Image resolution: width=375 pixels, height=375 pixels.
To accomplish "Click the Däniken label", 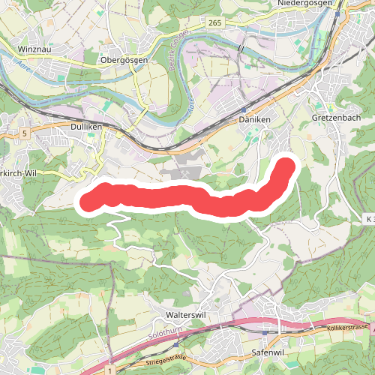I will [253, 120].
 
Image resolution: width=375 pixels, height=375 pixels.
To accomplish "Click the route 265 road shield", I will [214, 24].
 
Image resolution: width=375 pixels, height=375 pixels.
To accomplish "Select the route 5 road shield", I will [25, 133].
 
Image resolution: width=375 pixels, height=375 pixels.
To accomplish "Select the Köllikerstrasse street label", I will [347, 328].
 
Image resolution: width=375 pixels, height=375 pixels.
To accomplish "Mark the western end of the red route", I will [88, 200].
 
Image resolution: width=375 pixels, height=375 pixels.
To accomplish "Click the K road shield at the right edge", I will [367, 218].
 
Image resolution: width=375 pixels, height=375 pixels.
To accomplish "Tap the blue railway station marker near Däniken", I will [244, 109].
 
